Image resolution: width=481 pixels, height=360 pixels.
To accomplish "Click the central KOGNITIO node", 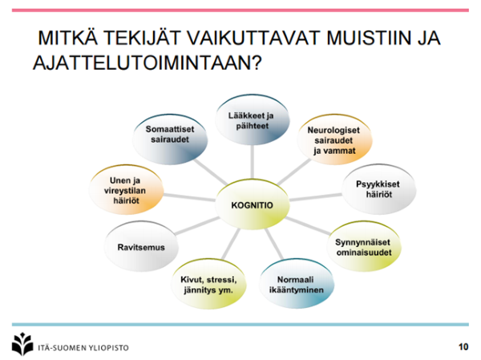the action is click(x=253, y=204).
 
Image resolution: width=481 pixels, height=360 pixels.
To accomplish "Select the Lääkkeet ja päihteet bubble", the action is click(x=252, y=120).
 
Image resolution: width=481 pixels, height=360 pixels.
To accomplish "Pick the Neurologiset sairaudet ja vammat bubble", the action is click(x=334, y=140).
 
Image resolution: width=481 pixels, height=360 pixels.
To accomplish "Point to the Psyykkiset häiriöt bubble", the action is click(x=379, y=189).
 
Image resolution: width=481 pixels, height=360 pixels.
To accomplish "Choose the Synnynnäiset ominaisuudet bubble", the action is click(x=363, y=246).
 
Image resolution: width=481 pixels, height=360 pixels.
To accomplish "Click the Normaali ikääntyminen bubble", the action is click(x=297, y=284).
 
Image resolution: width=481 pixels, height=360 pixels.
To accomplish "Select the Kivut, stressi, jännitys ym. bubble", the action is click(x=208, y=284).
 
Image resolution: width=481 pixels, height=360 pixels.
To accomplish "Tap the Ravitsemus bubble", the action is click(x=141, y=246).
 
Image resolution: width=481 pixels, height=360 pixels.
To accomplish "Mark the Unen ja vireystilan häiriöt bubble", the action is click(x=126, y=190).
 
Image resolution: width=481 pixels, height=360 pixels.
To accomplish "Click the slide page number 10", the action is click(x=463, y=346).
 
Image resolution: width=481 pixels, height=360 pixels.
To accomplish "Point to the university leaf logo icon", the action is click(x=22, y=344).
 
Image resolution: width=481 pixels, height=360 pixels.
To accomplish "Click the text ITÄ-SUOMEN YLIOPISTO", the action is click(x=83, y=348).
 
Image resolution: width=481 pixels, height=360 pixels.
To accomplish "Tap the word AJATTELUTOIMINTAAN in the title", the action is click(x=148, y=63).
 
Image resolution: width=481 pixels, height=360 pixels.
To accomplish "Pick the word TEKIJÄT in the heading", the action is click(x=142, y=38).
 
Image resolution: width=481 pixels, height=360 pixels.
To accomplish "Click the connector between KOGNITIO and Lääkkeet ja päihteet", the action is click(x=253, y=162).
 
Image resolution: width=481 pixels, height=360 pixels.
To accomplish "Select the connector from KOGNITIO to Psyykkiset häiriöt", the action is click(x=316, y=197).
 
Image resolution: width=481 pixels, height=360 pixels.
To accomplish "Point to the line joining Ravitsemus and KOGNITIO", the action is click(x=197, y=226).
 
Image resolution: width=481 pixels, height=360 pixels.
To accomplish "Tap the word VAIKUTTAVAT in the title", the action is click(x=253, y=38).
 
